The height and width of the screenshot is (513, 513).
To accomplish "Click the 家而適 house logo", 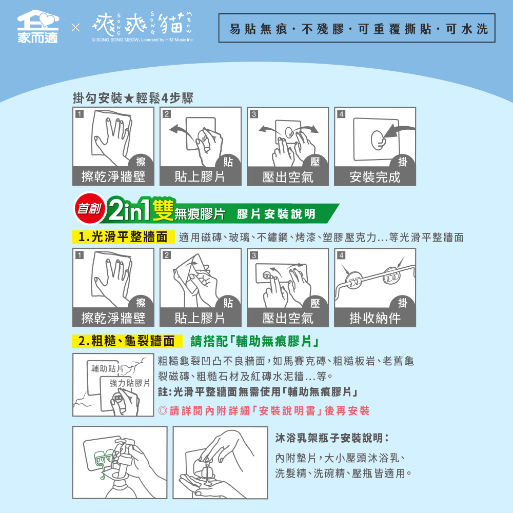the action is click(38, 26).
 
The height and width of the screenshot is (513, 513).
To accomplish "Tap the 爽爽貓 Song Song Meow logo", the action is click(143, 26).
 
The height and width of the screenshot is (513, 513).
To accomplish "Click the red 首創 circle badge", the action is click(89, 209).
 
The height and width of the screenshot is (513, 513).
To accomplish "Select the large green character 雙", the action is click(163, 210).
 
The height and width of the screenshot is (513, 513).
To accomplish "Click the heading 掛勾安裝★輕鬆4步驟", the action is click(133, 98).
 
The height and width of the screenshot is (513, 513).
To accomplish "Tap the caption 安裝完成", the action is click(375, 177).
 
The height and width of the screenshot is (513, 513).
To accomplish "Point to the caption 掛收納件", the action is click(375, 318).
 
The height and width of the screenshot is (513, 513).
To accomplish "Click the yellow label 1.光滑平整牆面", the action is click(123, 237).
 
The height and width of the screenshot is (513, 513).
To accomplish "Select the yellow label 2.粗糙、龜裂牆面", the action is click(127, 341).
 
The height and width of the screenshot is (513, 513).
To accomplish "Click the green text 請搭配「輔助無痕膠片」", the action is click(254, 341).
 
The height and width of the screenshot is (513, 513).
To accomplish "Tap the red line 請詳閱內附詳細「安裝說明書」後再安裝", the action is click(264, 410).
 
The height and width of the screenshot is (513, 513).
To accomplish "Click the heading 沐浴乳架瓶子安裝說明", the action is click(332, 438).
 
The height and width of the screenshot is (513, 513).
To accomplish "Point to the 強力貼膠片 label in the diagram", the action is click(130, 383).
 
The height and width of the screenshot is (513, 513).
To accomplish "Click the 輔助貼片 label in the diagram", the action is click(107, 368).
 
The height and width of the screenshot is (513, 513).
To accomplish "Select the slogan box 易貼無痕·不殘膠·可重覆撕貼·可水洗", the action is click(357, 28).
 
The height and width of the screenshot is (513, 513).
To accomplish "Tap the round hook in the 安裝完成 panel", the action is click(379, 140).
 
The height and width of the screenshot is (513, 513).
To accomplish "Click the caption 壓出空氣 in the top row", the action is click(288, 177).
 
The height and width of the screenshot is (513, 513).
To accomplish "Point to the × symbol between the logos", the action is click(75, 28).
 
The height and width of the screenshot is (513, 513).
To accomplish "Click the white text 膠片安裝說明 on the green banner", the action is click(276, 214).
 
